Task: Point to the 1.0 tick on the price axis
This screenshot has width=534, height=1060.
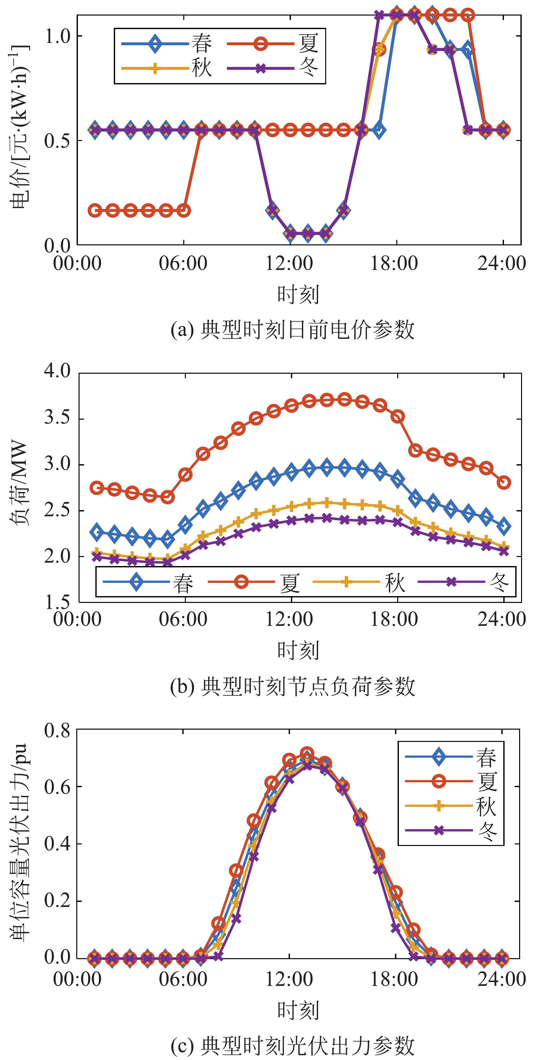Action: coord(58,37)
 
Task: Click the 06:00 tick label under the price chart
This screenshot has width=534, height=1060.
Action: coord(183,263)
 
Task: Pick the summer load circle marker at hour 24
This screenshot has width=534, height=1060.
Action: coord(504,482)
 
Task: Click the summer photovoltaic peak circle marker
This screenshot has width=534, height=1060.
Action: coord(306,754)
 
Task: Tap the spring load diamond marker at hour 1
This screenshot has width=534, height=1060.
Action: coord(97,532)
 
